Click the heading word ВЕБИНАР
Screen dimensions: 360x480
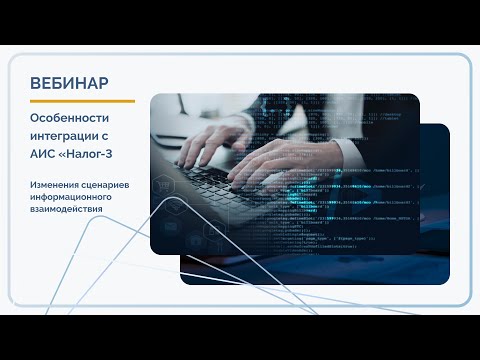(70, 82)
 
